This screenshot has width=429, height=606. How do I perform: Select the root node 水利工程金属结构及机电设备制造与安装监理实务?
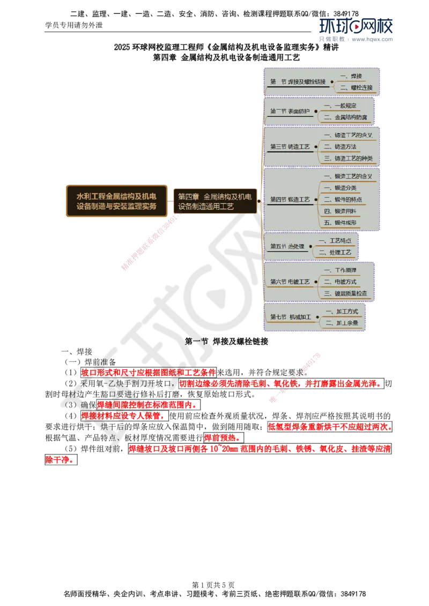pyautogui.click(x=117, y=201)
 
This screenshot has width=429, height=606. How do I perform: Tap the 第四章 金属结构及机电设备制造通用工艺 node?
pyautogui.click(x=214, y=201)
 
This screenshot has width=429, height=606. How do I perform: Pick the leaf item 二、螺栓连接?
pyautogui.click(x=354, y=88)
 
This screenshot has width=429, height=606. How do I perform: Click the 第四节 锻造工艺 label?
pyautogui.click(x=290, y=199)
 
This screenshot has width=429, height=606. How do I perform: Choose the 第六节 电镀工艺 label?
pyautogui.click(x=290, y=282)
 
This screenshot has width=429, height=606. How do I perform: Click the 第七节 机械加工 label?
pyautogui.click(x=290, y=317)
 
